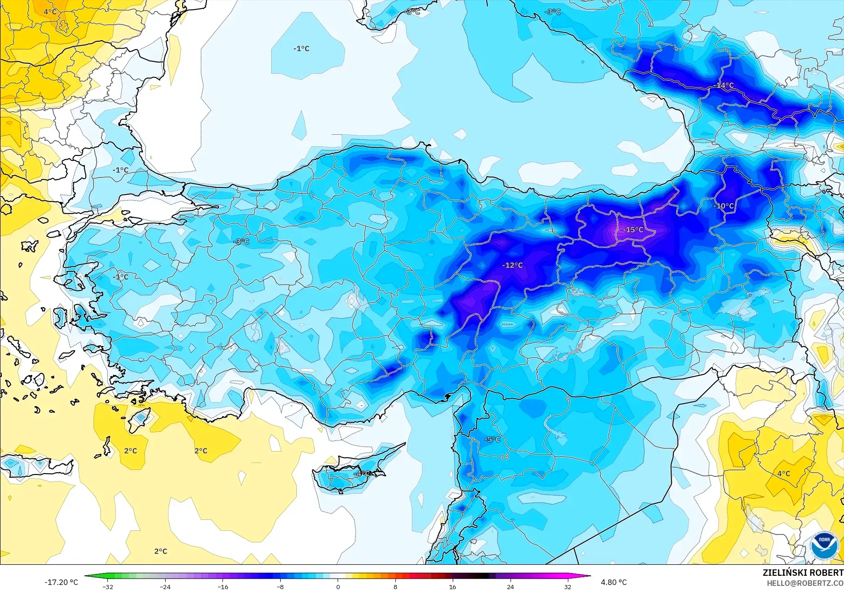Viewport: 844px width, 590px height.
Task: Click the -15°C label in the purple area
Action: (633, 230)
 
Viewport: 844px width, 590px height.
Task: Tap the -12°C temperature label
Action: (512, 265)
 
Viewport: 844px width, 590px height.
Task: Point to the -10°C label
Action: (723, 206)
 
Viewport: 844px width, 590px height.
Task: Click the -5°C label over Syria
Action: (492, 439)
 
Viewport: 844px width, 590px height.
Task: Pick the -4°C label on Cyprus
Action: (363, 473)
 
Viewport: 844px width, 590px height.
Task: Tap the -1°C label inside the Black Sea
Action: (301, 49)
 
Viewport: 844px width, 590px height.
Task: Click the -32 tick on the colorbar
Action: (108, 586)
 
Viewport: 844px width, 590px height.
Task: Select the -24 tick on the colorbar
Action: (165, 586)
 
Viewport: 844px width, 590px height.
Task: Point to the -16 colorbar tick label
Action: (222, 586)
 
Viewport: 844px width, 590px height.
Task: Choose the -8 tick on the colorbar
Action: (280, 586)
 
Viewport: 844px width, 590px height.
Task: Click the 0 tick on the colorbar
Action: (338, 586)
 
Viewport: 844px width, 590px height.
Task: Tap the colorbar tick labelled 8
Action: (395, 586)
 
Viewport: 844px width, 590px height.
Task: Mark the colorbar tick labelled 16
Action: (453, 586)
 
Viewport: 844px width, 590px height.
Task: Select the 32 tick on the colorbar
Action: (568, 586)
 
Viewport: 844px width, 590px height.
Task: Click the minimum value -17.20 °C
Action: (61, 582)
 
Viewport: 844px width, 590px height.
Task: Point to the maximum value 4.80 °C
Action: (614, 582)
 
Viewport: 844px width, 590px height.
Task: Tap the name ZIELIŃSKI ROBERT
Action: (803, 573)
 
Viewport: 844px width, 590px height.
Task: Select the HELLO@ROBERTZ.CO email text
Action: (805, 583)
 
